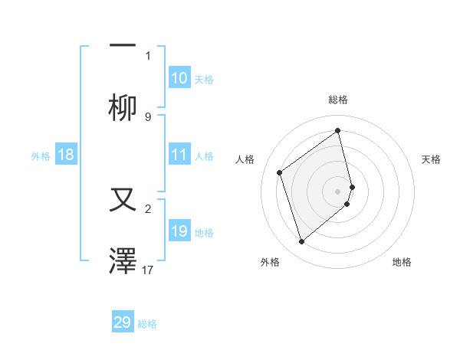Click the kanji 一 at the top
(x=123, y=46)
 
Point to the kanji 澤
(x=123, y=260)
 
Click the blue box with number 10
(x=179, y=78)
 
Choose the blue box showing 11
(x=179, y=155)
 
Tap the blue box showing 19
(x=179, y=231)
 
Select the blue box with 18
(x=66, y=155)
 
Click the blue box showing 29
(x=123, y=322)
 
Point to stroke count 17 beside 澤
(x=149, y=270)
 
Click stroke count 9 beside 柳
(x=148, y=117)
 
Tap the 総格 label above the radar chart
(x=337, y=100)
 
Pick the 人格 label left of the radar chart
(x=245, y=159)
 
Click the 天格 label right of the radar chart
(x=431, y=159)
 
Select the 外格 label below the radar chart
(x=270, y=262)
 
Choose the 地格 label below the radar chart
(x=402, y=262)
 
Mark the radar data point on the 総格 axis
(x=337, y=131)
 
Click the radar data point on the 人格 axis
(x=280, y=172)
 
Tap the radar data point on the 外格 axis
(x=301, y=242)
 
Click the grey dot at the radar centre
(x=338, y=191)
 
